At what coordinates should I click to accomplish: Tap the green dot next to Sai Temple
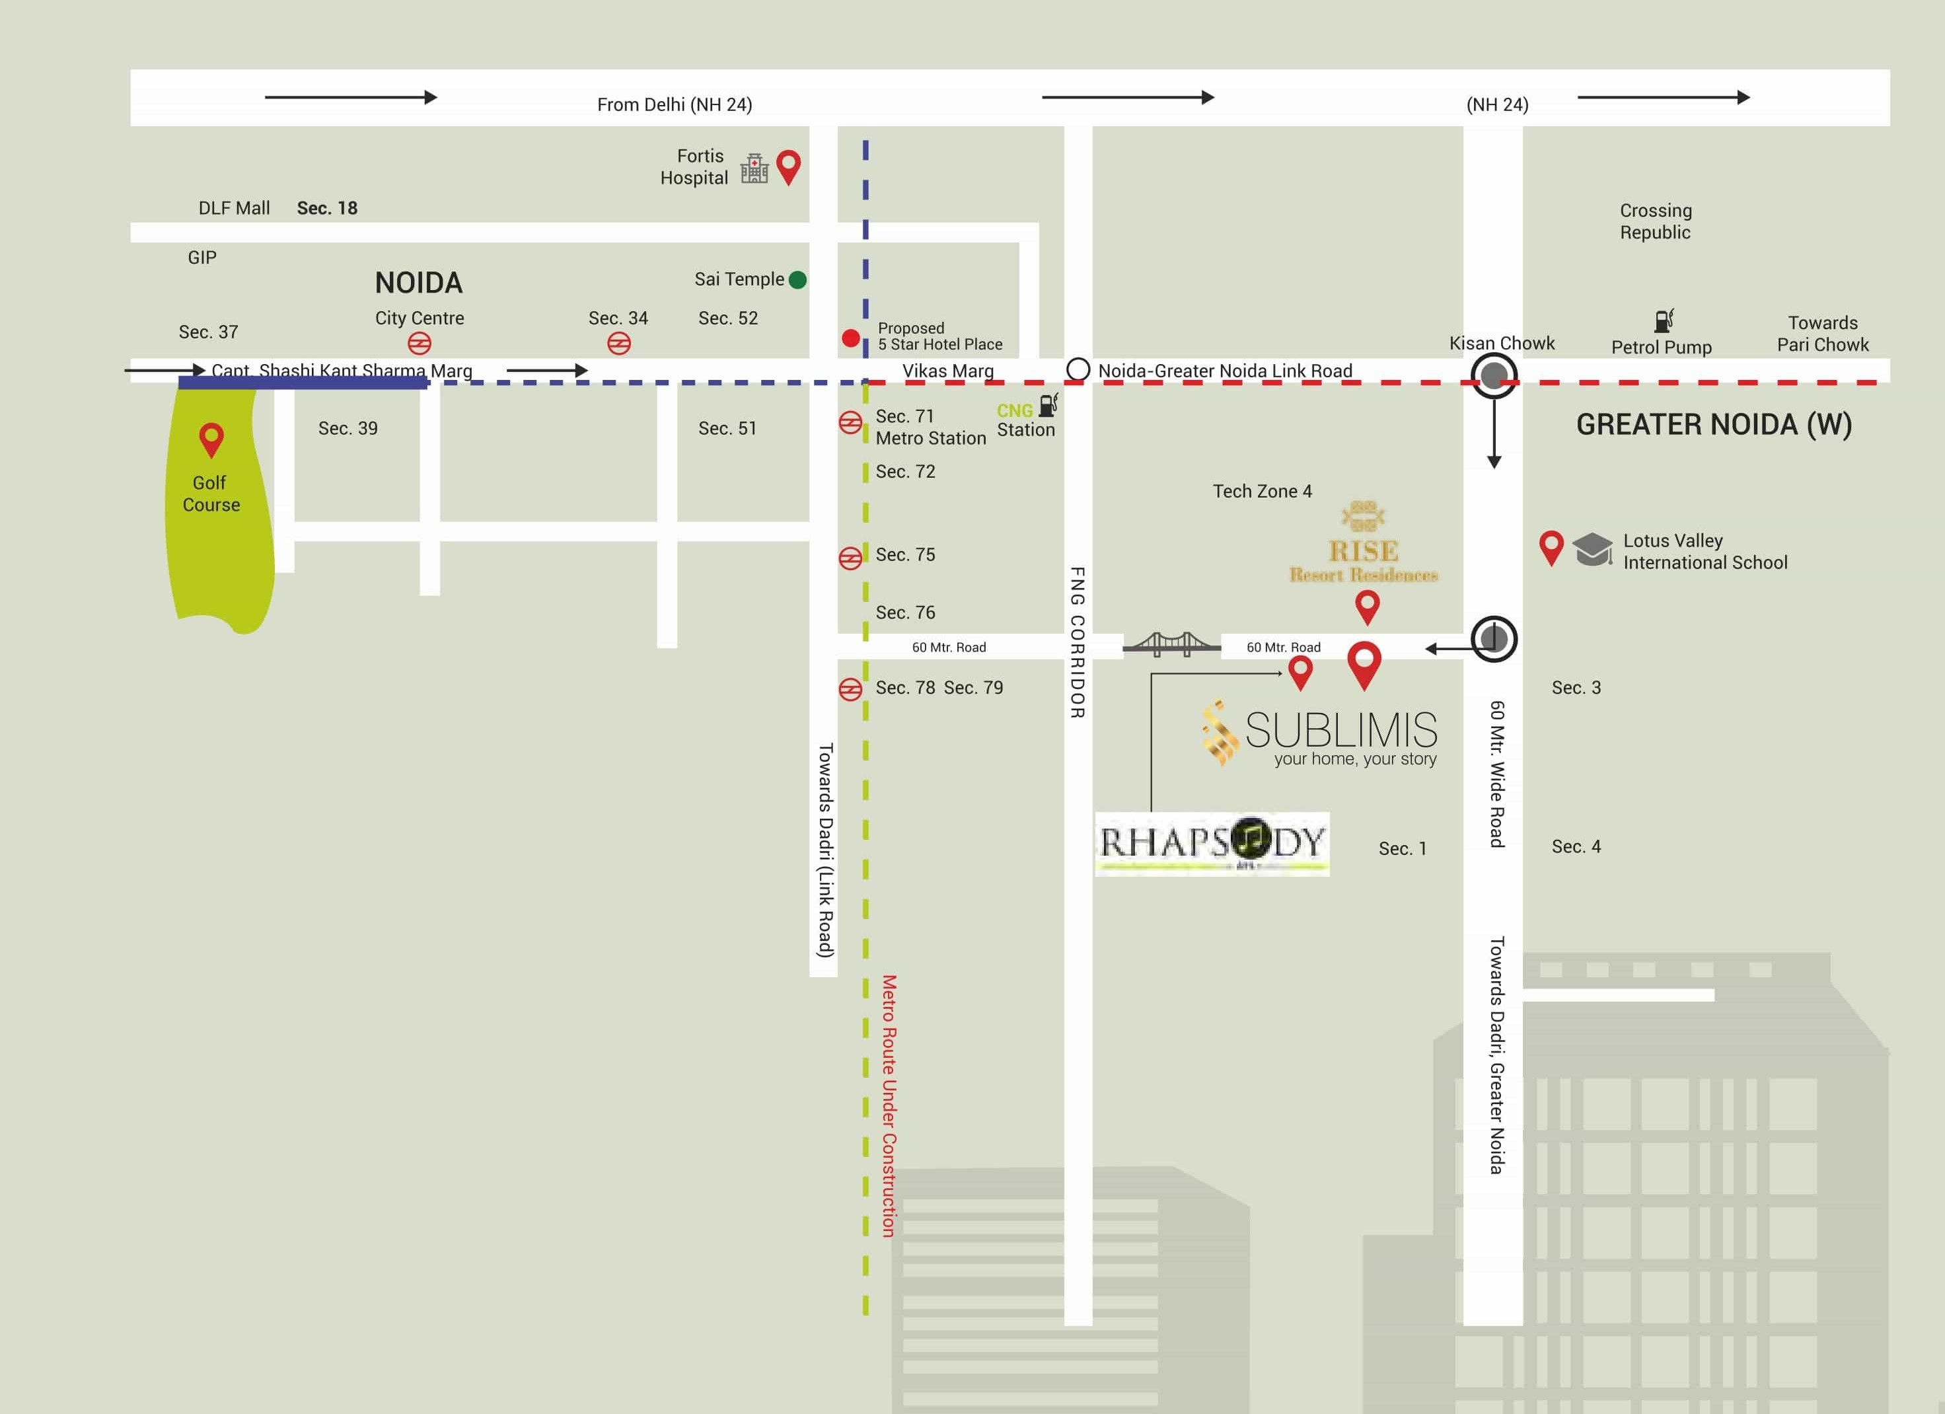click(x=797, y=279)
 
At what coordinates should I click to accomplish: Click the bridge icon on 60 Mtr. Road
click(x=1171, y=644)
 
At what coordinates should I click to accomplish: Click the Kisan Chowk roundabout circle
click(x=1494, y=375)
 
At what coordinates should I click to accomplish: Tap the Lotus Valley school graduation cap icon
click(x=1592, y=549)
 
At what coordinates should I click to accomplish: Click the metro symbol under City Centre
click(x=420, y=344)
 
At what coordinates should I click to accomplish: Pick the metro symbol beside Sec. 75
click(x=850, y=558)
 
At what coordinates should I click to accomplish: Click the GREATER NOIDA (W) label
click(x=1714, y=424)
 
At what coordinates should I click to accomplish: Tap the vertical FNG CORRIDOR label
click(x=1078, y=642)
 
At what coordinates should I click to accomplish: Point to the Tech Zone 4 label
click(x=1261, y=492)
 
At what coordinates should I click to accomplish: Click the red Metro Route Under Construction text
click(x=889, y=1105)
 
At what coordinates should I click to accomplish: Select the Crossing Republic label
click(x=1655, y=221)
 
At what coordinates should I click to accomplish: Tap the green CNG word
click(x=1015, y=411)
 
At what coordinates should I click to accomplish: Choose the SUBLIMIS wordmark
click(x=1340, y=729)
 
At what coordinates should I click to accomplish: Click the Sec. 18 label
click(x=327, y=208)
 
